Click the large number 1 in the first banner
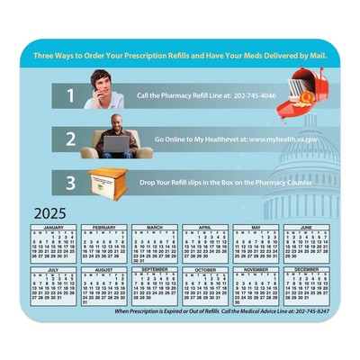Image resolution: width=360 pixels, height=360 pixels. pyautogui.click(x=69, y=94)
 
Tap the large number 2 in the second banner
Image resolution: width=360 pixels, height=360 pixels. pyautogui.click(x=69, y=140)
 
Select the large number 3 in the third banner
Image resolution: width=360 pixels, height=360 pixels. pyautogui.click(x=69, y=183)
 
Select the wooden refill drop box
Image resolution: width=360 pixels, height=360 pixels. pyautogui.click(x=110, y=184)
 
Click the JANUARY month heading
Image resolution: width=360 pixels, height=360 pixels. pyautogui.click(x=54, y=227)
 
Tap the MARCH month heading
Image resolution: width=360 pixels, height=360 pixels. pyautogui.click(x=155, y=227)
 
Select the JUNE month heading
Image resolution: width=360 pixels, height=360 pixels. pyautogui.click(x=306, y=227)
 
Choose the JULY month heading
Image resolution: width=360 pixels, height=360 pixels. pyautogui.click(x=54, y=268)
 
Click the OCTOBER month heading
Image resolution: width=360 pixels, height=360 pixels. pyautogui.click(x=205, y=269)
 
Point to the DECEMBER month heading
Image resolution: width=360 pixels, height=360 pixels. pyautogui.click(x=306, y=269)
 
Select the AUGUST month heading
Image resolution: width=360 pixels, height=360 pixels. pyautogui.click(x=104, y=269)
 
